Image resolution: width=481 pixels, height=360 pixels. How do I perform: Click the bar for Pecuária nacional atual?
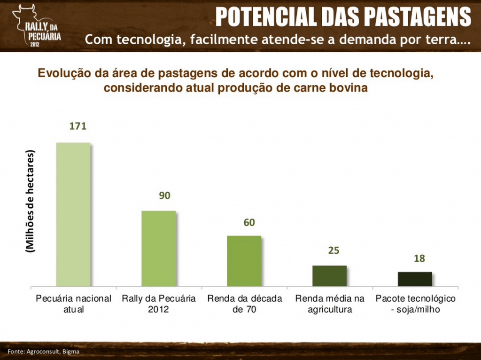tap(73, 214)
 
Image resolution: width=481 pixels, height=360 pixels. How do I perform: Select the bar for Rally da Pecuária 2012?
tap(159, 248)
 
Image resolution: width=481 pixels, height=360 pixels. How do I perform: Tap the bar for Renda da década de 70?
tap(244, 260)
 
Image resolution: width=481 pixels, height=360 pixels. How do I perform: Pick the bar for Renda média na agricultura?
tap(329, 275)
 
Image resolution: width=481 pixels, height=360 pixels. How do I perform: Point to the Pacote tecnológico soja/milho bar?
tap(415, 279)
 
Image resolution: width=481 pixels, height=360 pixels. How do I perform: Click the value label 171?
tap(78, 126)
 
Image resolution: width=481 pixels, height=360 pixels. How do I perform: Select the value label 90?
tap(164, 196)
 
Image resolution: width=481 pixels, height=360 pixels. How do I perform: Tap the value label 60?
tap(249, 222)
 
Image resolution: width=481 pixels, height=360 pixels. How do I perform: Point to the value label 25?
tap(334, 250)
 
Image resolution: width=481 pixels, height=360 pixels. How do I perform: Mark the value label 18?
tap(419, 258)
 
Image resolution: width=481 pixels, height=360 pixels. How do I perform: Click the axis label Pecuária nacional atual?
tap(74, 304)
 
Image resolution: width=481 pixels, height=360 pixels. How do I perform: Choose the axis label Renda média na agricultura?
tap(329, 304)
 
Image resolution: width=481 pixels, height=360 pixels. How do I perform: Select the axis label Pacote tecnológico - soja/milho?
tap(415, 304)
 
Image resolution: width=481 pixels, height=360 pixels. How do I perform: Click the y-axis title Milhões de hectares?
tap(31, 202)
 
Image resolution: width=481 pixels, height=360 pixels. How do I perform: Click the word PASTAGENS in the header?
tap(418, 17)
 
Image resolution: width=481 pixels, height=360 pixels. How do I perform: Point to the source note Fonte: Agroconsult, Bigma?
tap(43, 352)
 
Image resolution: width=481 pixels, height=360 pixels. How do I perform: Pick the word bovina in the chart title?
tap(347, 88)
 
